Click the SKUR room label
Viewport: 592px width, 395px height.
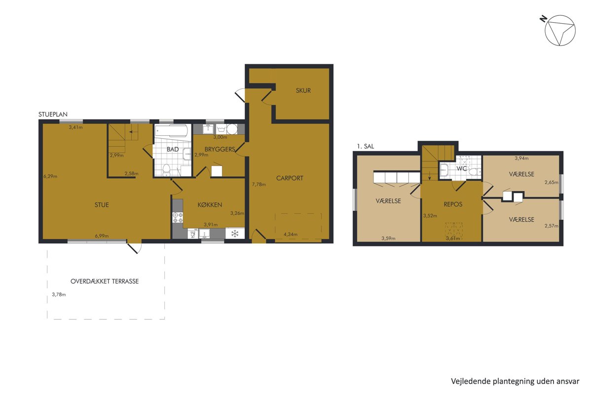click(x=303, y=90)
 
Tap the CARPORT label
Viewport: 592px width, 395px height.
click(x=290, y=178)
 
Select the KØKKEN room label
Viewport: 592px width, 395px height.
click(x=210, y=204)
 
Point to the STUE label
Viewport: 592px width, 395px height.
click(x=102, y=204)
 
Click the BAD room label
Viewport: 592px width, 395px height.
click(x=173, y=149)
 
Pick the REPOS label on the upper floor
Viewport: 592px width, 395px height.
click(x=453, y=204)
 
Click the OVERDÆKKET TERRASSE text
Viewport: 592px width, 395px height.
click(x=105, y=281)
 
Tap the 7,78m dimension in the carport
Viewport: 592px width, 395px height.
click(x=259, y=184)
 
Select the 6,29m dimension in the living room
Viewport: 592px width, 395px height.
click(x=50, y=176)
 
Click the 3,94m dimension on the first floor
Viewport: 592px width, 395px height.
click(x=522, y=158)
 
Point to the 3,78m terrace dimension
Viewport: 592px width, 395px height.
click(x=59, y=294)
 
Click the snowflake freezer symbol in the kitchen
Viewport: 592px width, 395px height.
click(x=235, y=234)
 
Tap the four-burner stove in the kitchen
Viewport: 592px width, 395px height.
click(x=178, y=217)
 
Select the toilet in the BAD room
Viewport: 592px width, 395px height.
click(x=166, y=170)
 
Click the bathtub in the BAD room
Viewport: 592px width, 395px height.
click(x=172, y=131)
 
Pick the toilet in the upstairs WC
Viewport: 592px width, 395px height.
click(x=475, y=172)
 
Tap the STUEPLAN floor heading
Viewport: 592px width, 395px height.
click(x=53, y=114)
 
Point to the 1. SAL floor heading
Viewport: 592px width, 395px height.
click(x=366, y=146)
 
